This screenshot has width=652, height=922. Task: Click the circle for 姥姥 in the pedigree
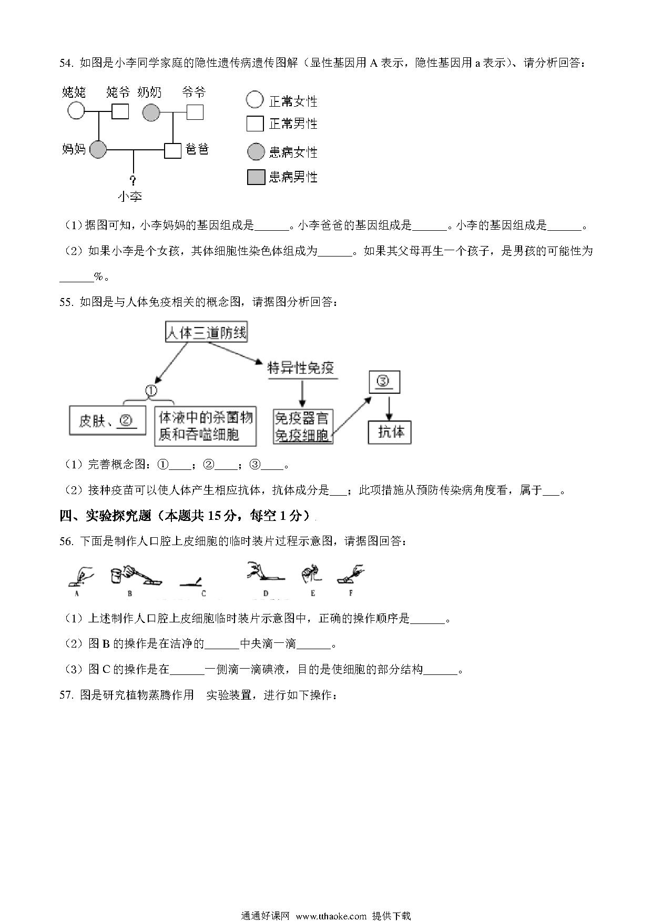(76, 111)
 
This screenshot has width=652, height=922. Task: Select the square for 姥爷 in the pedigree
(120, 111)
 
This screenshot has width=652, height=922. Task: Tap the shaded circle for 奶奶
(151, 112)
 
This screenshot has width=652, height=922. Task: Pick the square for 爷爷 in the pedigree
(195, 111)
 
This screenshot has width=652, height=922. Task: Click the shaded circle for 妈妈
(98, 150)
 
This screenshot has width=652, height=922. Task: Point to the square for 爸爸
(173, 150)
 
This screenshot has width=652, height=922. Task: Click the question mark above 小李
(133, 180)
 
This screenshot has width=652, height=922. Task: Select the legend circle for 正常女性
(254, 99)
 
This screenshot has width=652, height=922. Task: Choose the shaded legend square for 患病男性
(256, 178)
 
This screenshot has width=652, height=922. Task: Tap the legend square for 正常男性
(255, 124)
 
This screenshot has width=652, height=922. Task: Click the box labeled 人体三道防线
(206, 332)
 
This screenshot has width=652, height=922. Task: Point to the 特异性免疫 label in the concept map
(301, 367)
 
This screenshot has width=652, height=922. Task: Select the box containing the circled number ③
(384, 382)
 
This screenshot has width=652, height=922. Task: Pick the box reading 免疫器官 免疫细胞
(303, 426)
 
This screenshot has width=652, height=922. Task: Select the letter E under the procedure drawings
(313, 593)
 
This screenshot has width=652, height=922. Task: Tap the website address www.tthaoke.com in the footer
(331, 916)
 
